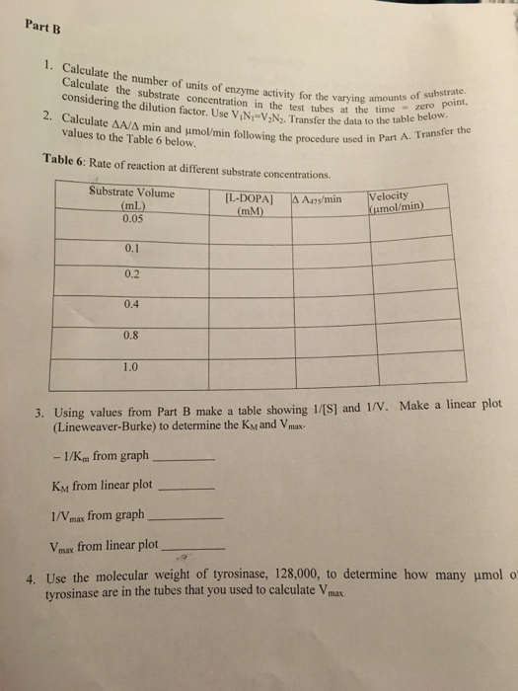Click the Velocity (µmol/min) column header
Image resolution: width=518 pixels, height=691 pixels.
point(395,201)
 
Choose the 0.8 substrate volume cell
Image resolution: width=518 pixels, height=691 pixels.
point(132,334)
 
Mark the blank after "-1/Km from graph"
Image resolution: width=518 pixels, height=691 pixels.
point(185,459)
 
